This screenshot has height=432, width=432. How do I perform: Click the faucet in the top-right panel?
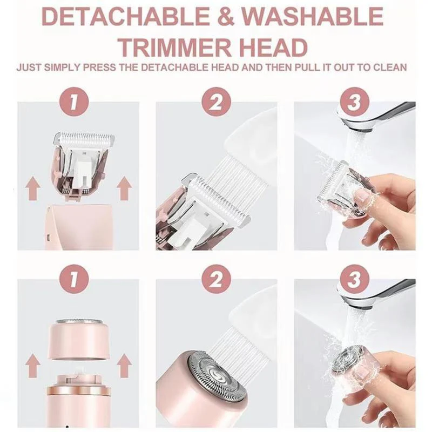pos(378,113)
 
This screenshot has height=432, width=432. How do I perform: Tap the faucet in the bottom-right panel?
pos(378,292)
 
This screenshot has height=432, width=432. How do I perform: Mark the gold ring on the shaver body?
pos(78,390)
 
